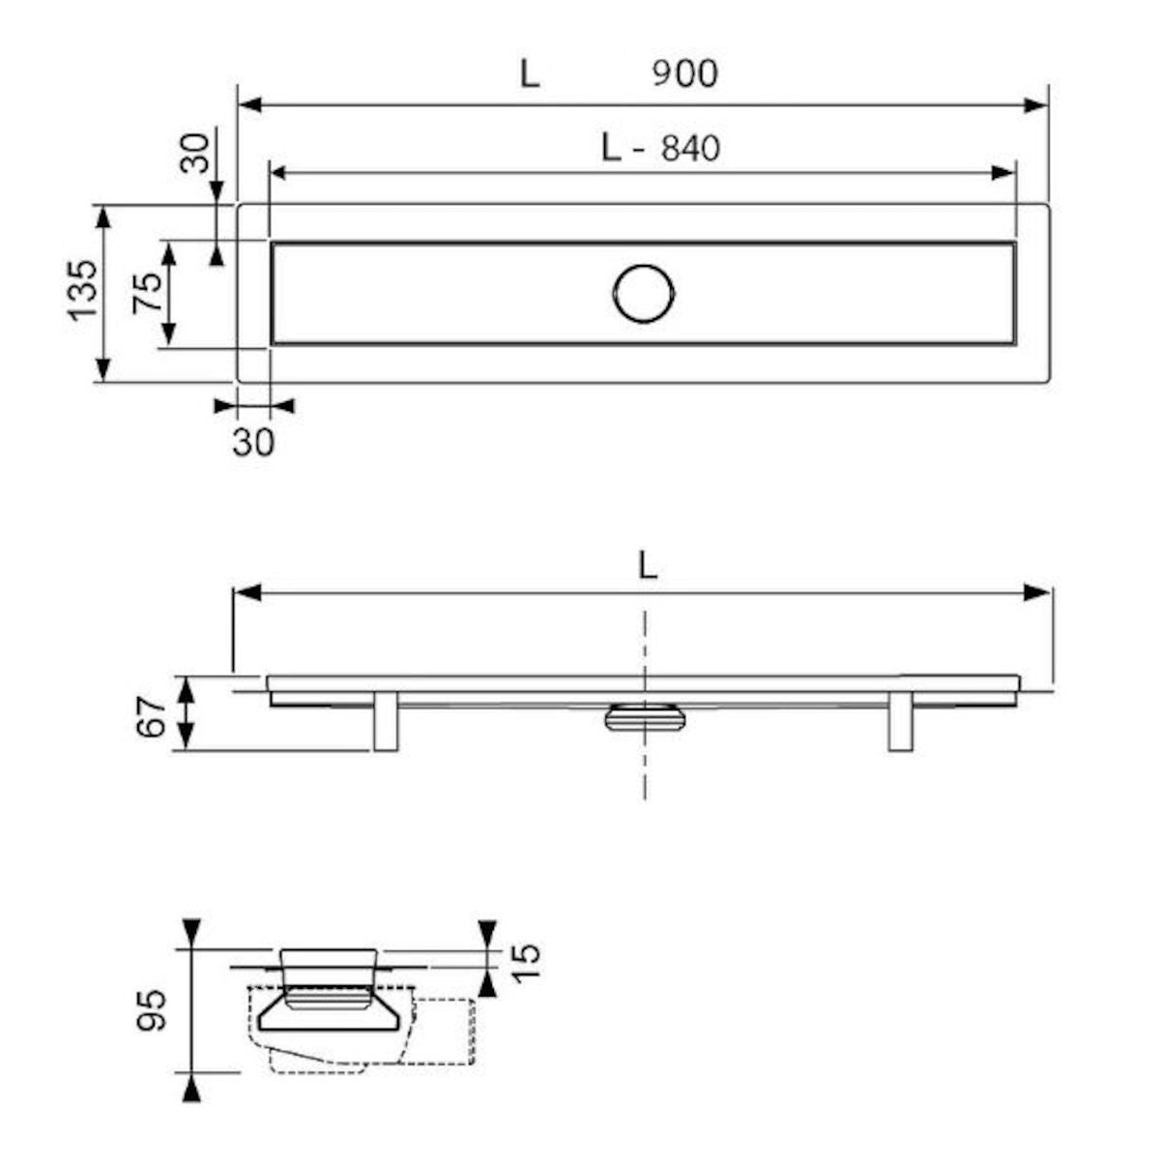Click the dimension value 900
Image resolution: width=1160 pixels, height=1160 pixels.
(685, 74)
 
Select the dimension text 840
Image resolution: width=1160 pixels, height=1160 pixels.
(690, 148)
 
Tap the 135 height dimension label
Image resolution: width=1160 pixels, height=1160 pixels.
(82, 290)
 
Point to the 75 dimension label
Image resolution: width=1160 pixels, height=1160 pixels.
(148, 293)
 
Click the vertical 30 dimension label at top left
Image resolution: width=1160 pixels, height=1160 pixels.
(195, 153)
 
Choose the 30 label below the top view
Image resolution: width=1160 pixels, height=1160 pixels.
(253, 443)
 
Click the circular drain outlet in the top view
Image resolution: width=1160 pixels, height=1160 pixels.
(644, 294)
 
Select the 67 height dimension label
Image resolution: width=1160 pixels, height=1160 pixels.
(151, 717)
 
